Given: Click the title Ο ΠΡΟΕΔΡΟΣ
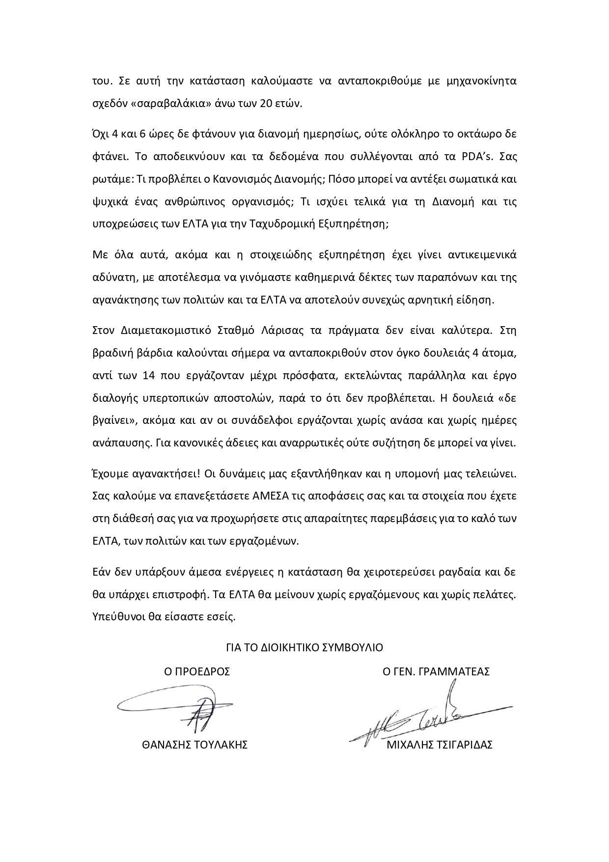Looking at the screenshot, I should [x=197, y=671].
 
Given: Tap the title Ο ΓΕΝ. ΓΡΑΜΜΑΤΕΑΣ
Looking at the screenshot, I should [x=436, y=671].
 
